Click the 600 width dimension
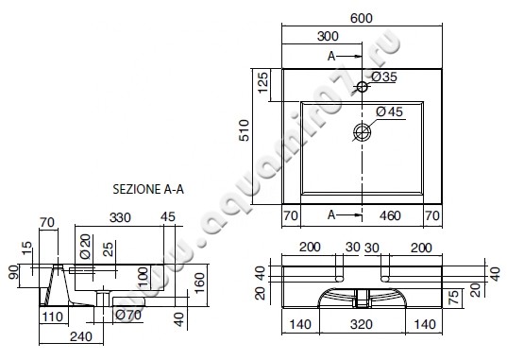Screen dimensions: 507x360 [362, 18]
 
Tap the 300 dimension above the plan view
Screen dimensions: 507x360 [328, 36]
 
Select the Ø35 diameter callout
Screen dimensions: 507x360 [384, 77]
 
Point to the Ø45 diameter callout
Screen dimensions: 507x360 [389, 111]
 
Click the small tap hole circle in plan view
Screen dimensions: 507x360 [363, 87]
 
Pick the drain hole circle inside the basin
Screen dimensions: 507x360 [362, 131]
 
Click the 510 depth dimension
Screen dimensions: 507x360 [245, 130]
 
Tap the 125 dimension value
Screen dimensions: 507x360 [263, 82]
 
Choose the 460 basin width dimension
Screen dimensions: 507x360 [390, 215]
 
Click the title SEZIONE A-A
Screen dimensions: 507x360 [148, 189]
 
